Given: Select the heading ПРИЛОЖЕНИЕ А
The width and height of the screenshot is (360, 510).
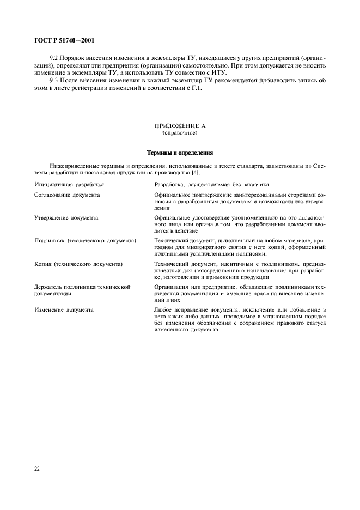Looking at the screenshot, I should point(180,126).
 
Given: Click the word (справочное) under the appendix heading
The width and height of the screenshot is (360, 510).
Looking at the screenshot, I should point(180,133).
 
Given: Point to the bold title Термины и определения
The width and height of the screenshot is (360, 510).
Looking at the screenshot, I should point(180,153).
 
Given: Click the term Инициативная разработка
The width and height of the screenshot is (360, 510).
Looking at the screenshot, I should point(69,185).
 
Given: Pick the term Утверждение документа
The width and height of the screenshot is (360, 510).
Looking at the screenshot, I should point(66,217).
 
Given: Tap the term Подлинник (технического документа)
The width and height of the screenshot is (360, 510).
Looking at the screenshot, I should point(85,240).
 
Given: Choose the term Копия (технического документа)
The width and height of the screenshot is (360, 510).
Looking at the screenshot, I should point(78,264).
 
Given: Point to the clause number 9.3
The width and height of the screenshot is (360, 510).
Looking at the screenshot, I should point(53,81).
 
